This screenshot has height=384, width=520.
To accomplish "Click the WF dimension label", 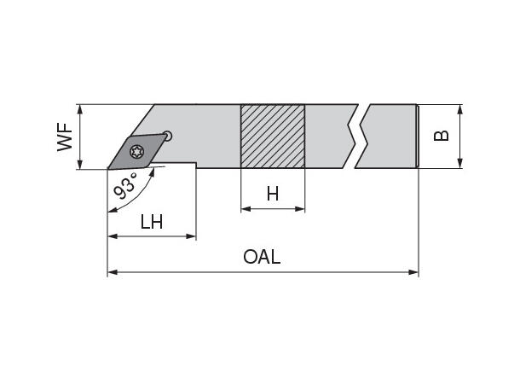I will tap(65, 137).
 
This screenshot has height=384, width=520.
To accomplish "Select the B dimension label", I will tap(441, 137).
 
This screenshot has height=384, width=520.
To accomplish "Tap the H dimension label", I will tap(273, 195).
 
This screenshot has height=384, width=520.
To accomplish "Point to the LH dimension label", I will tap(152, 223).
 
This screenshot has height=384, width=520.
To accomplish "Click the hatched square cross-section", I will tap(273, 137).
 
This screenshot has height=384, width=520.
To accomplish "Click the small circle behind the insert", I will tap(169, 134).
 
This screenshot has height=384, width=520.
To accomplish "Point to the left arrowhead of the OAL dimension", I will tap(112, 273).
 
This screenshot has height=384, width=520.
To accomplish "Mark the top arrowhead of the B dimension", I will tap(460, 109).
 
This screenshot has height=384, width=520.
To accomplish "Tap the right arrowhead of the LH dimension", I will tap(192, 236).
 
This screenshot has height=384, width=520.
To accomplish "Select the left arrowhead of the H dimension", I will tap(246, 208).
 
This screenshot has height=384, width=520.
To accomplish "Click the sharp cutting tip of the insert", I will tap(108, 168).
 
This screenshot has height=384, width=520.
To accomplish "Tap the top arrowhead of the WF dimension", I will tap(78, 109).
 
